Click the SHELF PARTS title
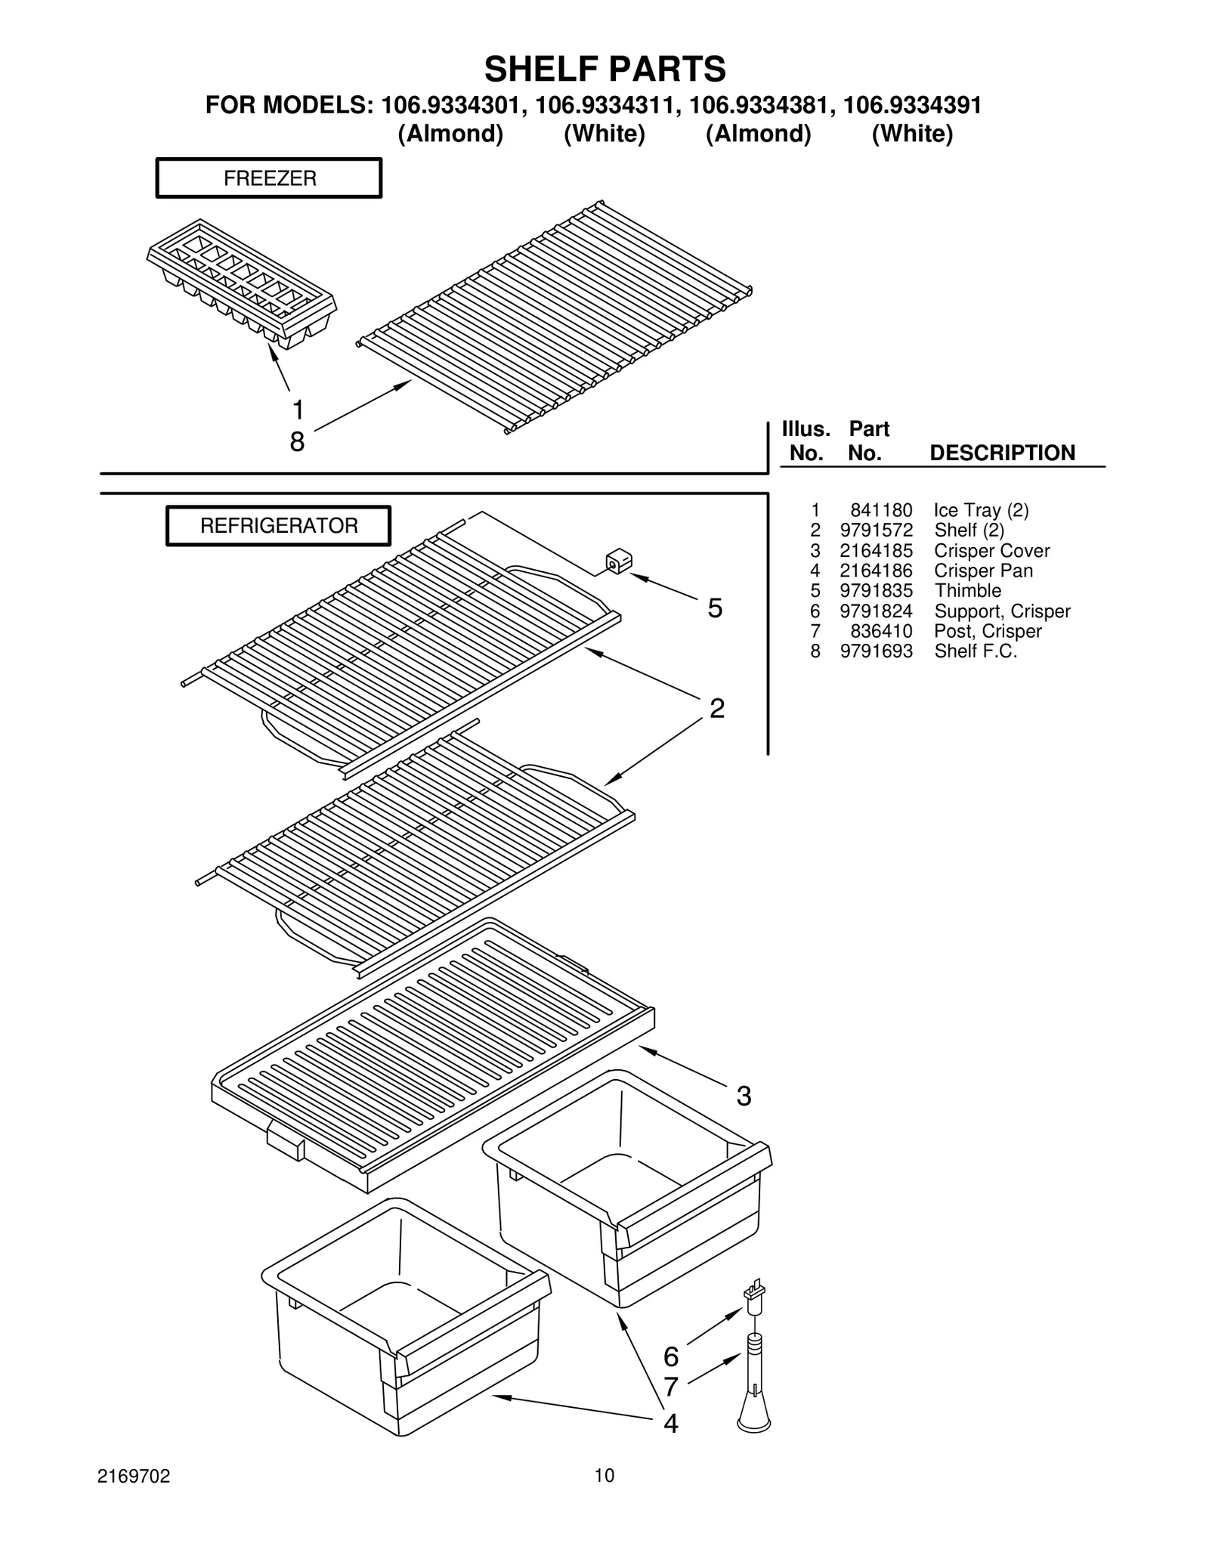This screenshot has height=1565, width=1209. (x=604, y=70)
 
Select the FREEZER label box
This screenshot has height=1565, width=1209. (x=269, y=178)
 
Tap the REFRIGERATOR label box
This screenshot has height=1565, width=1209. (x=278, y=526)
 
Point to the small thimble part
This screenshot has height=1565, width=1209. (x=619, y=562)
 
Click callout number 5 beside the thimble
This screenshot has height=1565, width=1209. (x=715, y=608)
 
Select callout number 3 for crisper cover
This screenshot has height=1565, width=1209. (x=744, y=1096)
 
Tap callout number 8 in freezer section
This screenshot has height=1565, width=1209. (x=297, y=442)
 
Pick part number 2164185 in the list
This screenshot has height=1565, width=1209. (x=876, y=551)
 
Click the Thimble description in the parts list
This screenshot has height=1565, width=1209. (x=967, y=591)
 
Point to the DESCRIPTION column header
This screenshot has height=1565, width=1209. (x=1002, y=453)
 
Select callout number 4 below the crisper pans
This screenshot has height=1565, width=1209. (x=670, y=1424)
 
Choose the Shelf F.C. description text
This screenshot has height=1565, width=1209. (x=976, y=651)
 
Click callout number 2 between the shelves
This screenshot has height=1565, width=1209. (x=716, y=709)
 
